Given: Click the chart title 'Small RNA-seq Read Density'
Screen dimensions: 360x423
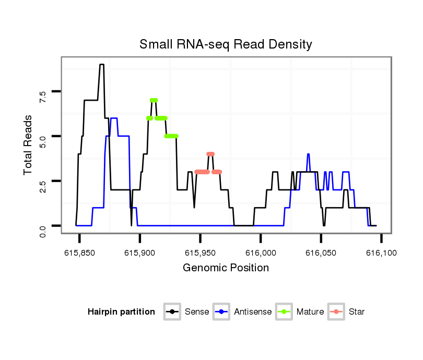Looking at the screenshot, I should point(226,44).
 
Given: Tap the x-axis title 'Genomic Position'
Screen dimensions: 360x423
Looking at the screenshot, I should point(226,268).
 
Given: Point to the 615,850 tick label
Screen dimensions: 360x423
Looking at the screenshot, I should point(80,253).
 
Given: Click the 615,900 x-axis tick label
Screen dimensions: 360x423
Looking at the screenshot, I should point(140,253).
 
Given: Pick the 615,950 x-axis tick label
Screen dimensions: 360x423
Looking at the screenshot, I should point(201,253).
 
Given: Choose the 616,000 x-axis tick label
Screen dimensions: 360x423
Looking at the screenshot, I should point(261,253).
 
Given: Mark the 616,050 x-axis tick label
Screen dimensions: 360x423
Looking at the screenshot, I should point(321,253).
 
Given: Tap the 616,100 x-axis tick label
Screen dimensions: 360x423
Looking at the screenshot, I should point(381,253).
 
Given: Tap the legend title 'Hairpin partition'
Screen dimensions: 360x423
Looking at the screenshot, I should point(121,312).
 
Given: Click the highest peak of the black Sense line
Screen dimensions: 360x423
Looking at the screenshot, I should point(102,65).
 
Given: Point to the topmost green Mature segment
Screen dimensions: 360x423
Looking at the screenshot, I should point(154,100).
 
